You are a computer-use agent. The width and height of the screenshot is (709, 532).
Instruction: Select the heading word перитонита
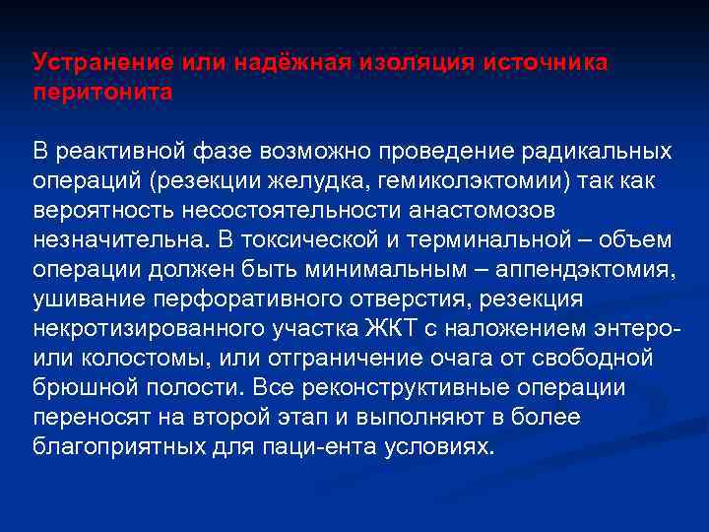(x=102, y=92)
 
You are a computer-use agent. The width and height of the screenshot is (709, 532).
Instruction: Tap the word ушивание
(x=88, y=299)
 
